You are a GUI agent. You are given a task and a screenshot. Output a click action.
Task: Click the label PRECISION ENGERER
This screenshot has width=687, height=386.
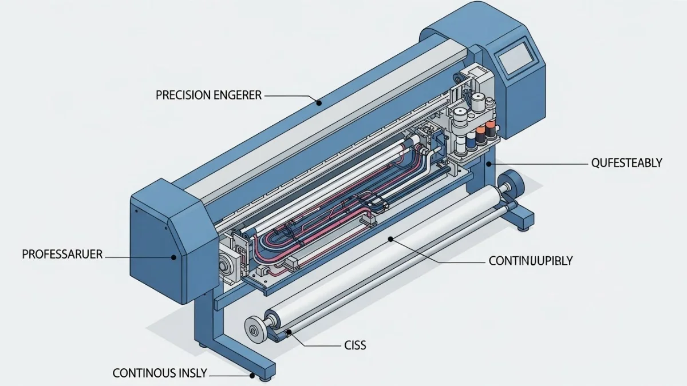(208, 95)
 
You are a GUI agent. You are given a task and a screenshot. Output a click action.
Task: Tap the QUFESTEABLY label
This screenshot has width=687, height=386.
(626, 162)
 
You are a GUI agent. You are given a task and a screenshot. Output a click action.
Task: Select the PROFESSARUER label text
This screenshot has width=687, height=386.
(62, 254)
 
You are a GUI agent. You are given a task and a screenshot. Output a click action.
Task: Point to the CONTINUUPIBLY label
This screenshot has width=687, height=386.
(531, 261)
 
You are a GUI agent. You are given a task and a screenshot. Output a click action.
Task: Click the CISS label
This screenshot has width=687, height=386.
(355, 345)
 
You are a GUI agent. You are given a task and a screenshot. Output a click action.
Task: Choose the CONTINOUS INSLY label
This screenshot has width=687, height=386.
(160, 373)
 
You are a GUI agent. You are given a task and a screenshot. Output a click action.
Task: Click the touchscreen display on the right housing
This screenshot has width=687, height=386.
(517, 58)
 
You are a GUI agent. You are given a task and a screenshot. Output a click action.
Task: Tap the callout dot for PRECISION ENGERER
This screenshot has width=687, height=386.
(319, 104)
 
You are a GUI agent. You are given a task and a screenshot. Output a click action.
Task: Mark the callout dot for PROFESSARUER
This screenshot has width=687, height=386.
(173, 257)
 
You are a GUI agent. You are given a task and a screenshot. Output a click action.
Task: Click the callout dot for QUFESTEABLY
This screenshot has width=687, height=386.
(489, 164)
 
